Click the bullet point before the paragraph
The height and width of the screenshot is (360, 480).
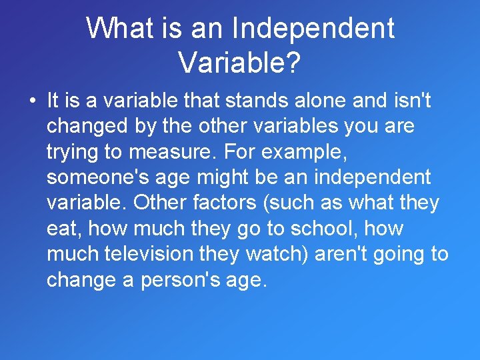click(31, 102)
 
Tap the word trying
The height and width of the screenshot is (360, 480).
click(70, 151)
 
